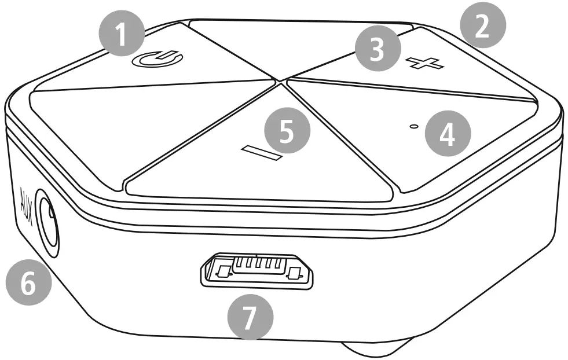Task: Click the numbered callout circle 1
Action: pos(120,35)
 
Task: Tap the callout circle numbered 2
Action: pos(483,31)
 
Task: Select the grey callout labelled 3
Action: pos(378,49)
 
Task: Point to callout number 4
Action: pos(448,135)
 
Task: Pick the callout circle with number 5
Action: pos(287,131)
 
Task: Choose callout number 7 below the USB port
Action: pos(250,317)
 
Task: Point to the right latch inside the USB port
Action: pos(296,273)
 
